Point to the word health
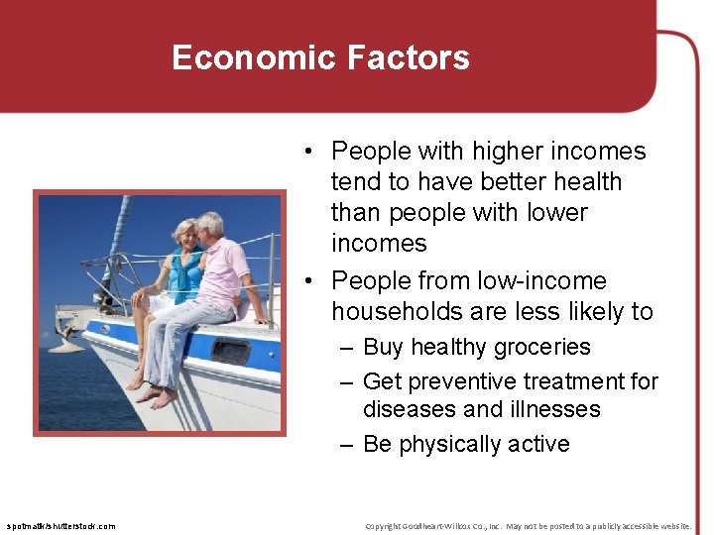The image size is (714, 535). tap(584, 182)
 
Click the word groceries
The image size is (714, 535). tap(542, 348)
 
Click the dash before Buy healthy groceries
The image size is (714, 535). tap(345, 348)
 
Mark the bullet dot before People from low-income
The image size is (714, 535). tap(311, 281)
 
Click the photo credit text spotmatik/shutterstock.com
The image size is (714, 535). tap(60, 526)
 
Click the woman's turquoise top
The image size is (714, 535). tap(185, 273)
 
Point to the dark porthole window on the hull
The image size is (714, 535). tap(230, 351)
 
